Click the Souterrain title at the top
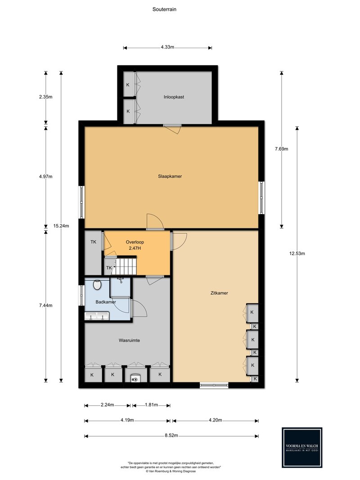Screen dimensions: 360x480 (x=164, y=9)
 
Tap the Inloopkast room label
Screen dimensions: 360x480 (x=174, y=97)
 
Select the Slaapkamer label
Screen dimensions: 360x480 (x=170, y=176)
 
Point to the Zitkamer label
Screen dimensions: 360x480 (x=219, y=293)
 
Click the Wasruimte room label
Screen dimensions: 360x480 (x=129, y=341)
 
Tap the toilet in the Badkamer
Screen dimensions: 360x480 (x=97, y=285)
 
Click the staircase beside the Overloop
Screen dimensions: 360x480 (x=126, y=266)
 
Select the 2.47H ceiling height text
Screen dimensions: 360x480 (x=135, y=248)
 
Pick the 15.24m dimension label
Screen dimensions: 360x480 (x=61, y=226)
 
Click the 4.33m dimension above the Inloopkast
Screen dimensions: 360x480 (x=167, y=47)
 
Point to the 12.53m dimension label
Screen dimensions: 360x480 (x=297, y=253)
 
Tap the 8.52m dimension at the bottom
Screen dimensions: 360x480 (x=171, y=435)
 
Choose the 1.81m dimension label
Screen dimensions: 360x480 (x=151, y=405)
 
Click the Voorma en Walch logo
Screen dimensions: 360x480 (x=302, y=448)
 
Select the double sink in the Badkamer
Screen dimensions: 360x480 (x=97, y=316)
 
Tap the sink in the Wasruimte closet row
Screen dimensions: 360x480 (x=135, y=378)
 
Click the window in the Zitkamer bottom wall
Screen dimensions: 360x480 (x=214, y=385)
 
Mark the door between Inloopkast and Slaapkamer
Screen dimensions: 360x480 (x=172, y=129)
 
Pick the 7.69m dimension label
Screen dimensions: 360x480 (x=281, y=149)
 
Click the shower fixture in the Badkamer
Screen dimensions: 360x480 (x=120, y=280)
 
